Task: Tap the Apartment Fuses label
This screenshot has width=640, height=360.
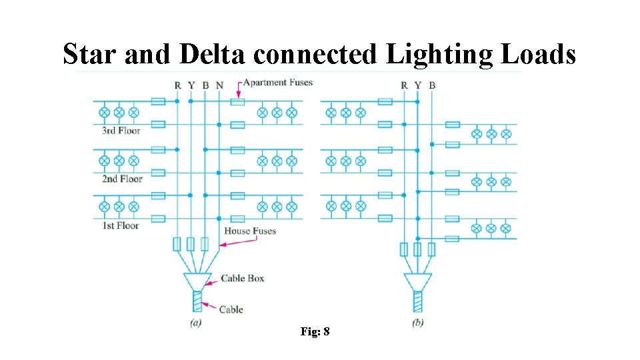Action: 277,83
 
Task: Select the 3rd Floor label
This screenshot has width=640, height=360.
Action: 121,131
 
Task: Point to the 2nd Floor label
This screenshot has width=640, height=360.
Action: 122,179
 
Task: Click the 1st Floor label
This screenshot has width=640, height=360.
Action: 120,226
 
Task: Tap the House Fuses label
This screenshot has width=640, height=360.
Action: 250,231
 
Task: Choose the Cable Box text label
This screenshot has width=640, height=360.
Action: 242,278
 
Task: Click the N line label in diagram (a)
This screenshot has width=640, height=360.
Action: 220,85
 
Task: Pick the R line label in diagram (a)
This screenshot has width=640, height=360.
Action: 177,85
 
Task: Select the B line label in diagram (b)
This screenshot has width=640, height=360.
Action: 432,85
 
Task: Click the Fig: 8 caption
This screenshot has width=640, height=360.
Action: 315,331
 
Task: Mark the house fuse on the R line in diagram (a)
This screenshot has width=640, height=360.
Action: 177,244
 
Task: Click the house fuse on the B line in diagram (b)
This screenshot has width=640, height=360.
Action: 431,249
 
